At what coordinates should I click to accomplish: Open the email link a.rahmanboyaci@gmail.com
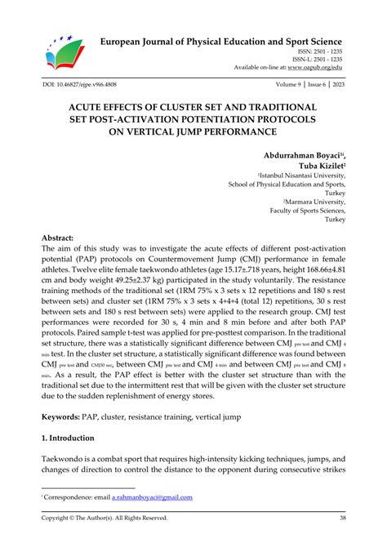(x=149, y=496)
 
